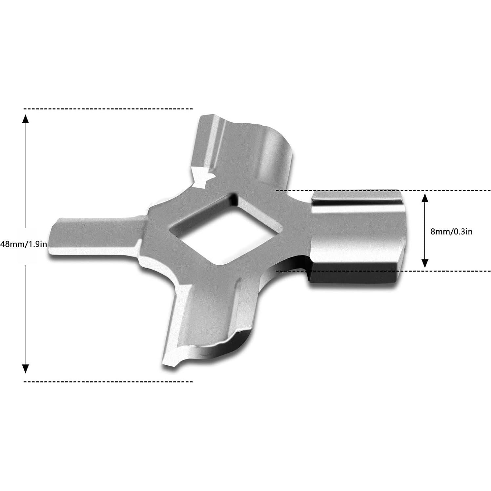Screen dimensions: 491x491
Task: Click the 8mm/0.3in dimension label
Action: click(451, 232)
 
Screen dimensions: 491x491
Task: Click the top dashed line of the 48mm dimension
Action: click(108, 109)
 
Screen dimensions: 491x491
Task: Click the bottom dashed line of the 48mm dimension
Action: click(108, 381)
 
